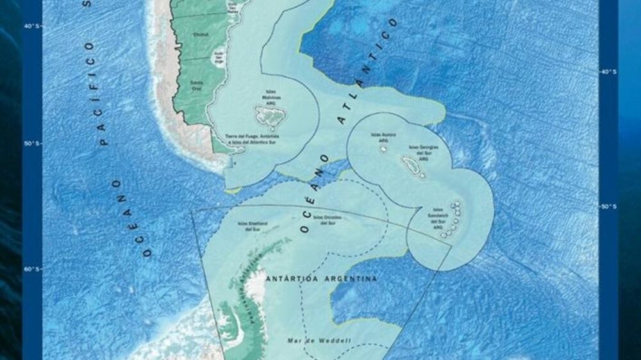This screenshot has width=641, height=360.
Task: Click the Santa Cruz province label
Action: pos(196,84)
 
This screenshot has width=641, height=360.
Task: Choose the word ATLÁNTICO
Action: pos(369,70)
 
